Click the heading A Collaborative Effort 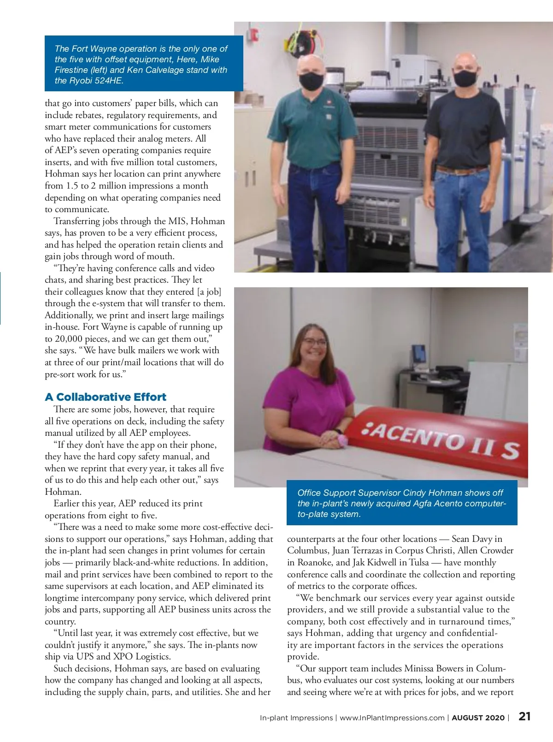click(106, 397)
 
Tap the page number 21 click(524, 717)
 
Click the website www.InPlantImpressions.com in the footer click(392, 718)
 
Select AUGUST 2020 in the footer click(478, 718)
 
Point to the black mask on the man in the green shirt click(312, 81)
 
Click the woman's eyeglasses click(315, 343)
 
